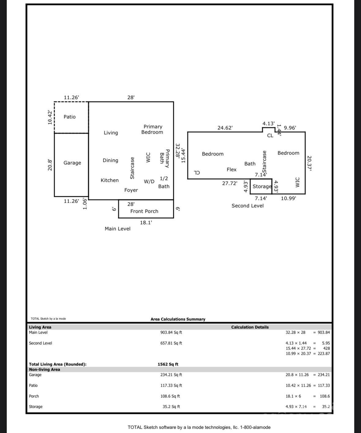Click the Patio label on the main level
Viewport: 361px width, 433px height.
[70, 117]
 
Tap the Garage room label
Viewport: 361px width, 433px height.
[72, 163]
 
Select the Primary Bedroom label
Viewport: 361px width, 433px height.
[152, 129]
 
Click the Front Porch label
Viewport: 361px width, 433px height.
[144, 211]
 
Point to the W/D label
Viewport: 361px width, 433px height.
[149, 182]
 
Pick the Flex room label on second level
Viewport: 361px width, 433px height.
[231, 170]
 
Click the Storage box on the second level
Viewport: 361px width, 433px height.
[262, 186]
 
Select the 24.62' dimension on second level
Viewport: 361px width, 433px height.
[225, 128]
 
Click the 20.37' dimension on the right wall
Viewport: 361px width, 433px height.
[309, 163]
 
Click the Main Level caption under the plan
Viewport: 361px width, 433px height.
[117, 229]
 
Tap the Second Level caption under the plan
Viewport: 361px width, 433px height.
[247, 206]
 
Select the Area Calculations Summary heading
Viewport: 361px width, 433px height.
[178, 319]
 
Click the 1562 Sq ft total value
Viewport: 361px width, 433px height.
[168, 364]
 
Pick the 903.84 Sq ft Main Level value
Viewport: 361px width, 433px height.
[171, 332]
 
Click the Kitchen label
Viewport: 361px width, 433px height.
[110, 180]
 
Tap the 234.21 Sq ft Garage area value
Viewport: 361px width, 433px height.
[171, 375]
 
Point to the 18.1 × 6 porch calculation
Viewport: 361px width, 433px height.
[293, 396]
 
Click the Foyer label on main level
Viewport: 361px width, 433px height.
[131, 190]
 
